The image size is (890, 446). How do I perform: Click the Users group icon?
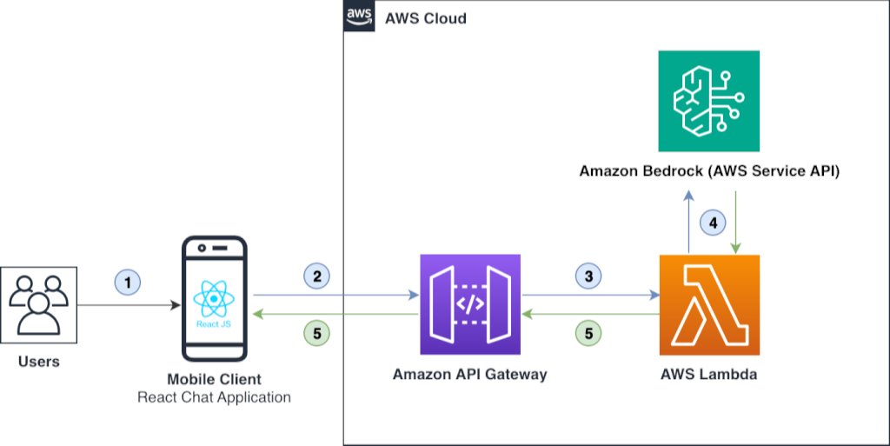click(38, 304)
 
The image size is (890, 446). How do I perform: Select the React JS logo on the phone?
click(213, 301)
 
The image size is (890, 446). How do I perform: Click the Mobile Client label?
click(214, 379)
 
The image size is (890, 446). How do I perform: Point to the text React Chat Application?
click(214, 397)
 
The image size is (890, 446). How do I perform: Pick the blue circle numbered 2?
click(317, 276)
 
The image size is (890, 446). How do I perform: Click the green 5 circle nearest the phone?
click(317, 331)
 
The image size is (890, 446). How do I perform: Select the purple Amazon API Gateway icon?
click(469, 304)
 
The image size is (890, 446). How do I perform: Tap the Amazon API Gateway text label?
click(469, 375)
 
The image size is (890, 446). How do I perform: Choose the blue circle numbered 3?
click(588, 276)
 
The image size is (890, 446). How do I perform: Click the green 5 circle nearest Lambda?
click(588, 331)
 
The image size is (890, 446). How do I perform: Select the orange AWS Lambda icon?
click(709, 304)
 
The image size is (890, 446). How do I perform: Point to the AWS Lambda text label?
click(709, 375)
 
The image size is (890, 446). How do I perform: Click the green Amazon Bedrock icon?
click(709, 100)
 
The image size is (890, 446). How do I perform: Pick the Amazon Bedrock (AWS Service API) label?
click(709, 170)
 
